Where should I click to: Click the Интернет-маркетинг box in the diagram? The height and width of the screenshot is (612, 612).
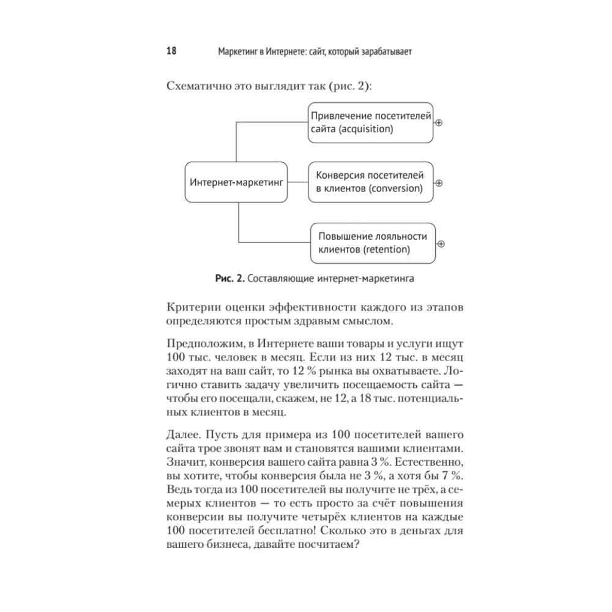(x=237, y=182)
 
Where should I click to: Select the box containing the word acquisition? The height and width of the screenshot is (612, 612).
(x=370, y=122)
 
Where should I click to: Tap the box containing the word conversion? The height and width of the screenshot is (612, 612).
(x=370, y=182)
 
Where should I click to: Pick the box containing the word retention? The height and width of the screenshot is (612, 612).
(x=372, y=243)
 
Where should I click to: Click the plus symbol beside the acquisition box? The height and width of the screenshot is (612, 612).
(x=438, y=123)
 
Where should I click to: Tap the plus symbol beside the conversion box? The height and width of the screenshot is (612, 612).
(x=438, y=182)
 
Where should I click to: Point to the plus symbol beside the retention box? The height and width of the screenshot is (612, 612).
(x=441, y=244)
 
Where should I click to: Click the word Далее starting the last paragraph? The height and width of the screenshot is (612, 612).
(x=182, y=435)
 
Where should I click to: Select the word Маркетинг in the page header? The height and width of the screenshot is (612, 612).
(x=237, y=52)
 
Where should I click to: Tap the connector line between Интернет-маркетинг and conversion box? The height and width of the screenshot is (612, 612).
(x=298, y=182)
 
